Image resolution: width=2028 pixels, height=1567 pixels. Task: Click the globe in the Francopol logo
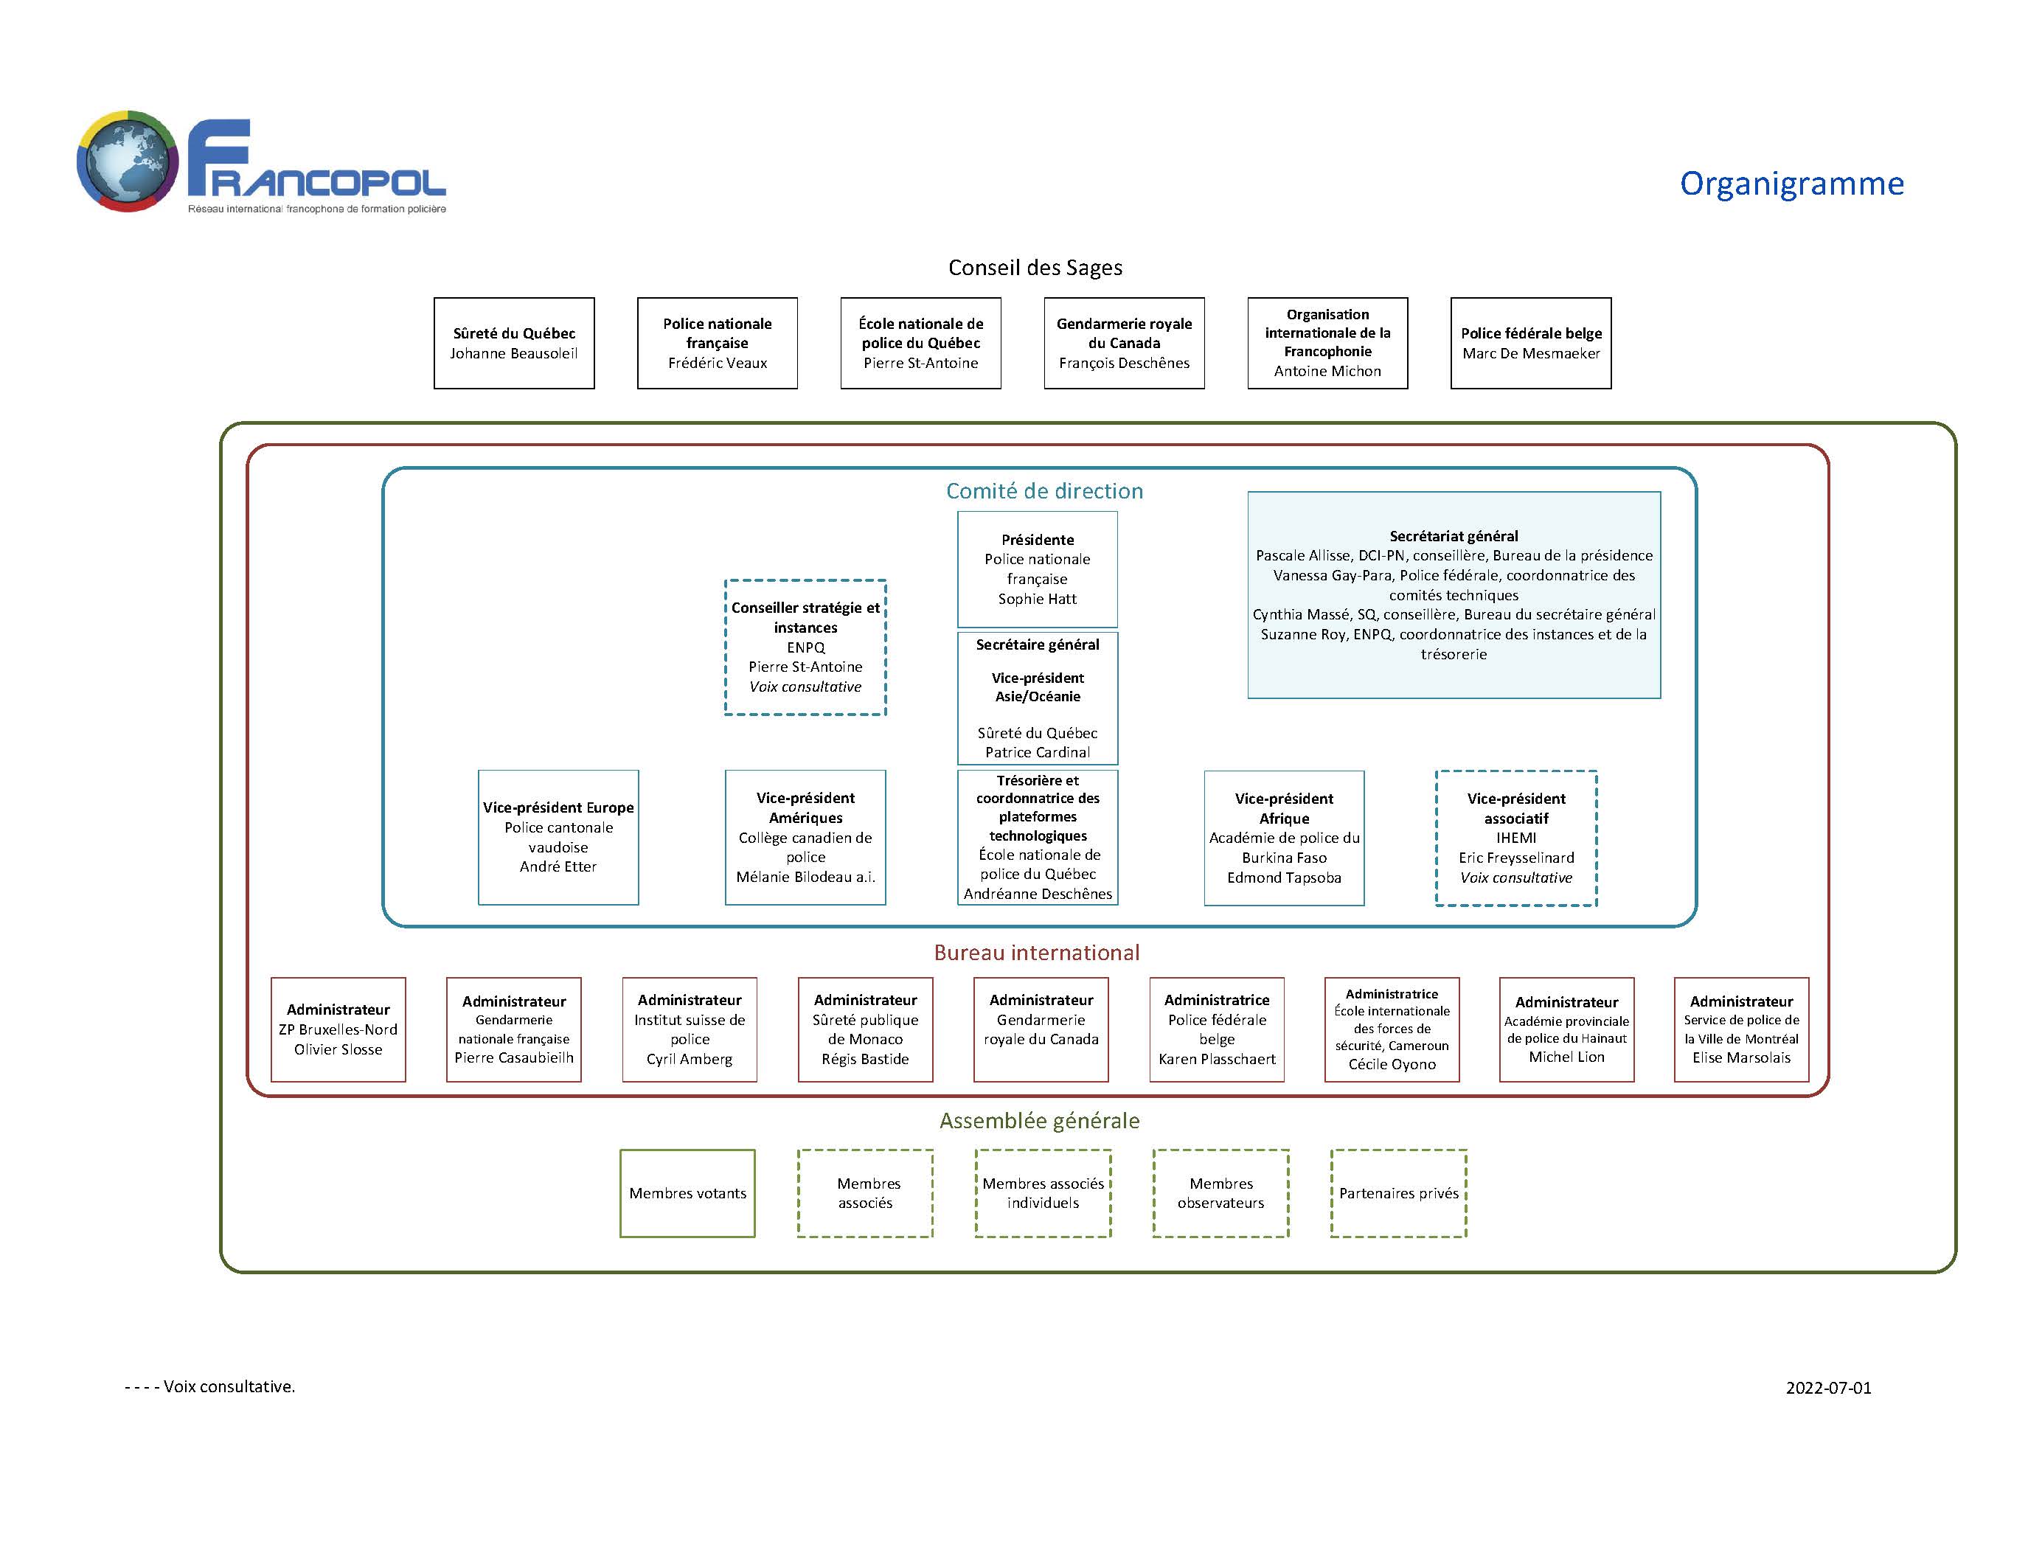(x=128, y=161)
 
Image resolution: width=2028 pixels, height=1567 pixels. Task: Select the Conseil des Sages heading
(x=1035, y=268)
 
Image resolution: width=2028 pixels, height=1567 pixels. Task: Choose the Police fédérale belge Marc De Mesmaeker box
(x=1530, y=343)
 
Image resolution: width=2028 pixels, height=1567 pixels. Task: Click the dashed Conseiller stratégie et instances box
(x=805, y=647)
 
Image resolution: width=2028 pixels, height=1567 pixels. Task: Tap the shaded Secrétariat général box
(x=1454, y=594)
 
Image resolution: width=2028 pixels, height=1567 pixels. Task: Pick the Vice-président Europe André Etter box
(x=558, y=836)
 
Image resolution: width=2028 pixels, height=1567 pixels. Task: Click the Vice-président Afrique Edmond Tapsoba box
(x=1283, y=838)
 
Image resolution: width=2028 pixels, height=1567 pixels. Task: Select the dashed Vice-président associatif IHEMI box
(x=1515, y=838)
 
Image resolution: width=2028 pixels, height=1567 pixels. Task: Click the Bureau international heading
(x=1036, y=953)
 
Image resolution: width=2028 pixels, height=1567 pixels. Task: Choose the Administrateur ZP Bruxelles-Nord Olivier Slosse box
(x=338, y=1029)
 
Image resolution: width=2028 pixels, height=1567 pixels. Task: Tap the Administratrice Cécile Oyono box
(x=1391, y=1029)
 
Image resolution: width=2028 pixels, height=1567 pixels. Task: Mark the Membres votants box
(x=687, y=1193)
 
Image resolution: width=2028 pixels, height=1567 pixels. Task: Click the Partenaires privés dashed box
(x=1398, y=1193)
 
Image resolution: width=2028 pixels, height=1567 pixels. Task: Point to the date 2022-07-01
(x=1827, y=1388)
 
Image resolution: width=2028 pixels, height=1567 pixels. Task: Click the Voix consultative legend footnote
(x=210, y=1386)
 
